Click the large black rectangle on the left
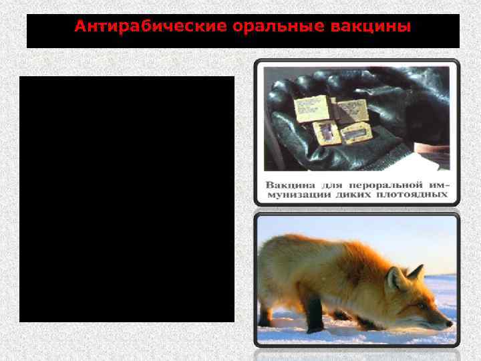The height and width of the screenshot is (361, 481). point(127,199)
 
